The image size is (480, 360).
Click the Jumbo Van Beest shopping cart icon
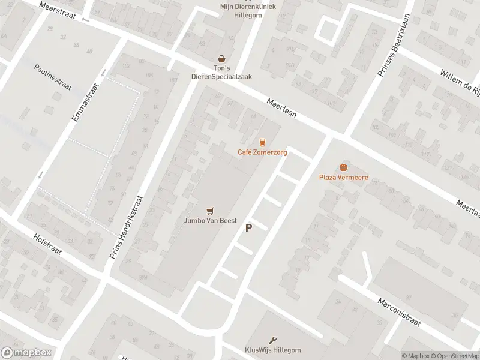pos(209,211)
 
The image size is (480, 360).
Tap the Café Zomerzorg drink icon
pos(262,142)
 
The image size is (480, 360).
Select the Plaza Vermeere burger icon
pos(343,167)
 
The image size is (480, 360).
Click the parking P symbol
pos(248,228)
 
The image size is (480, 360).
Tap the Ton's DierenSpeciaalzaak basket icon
pos(223,59)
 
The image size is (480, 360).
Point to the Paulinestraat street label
pos(53,76)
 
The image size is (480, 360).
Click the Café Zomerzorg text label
pos(262,152)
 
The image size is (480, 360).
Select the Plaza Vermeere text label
pos(343,177)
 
